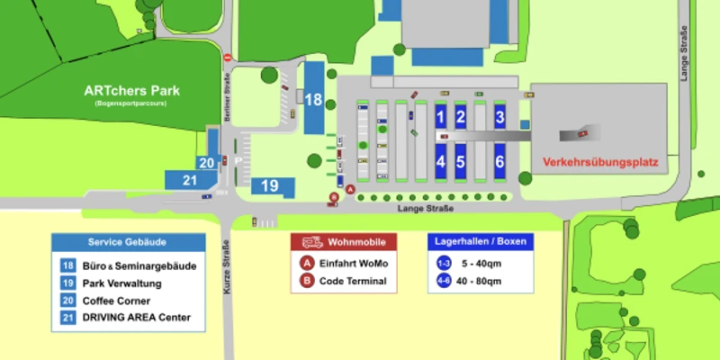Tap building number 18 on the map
pos(313,99)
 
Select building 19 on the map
pos(269,185)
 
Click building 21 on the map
pos(190,179)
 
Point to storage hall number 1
pos(440,116)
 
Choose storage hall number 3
pos(499,116)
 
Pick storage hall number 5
pos(460,162)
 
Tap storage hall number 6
pos(499,162)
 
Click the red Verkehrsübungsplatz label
pos(600,163)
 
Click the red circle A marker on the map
pos(351,190)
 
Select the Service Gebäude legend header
pos(127,242)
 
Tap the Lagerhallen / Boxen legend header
pos(481,242)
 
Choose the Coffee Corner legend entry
pos(116,301)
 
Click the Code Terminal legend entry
pos(353,281)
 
